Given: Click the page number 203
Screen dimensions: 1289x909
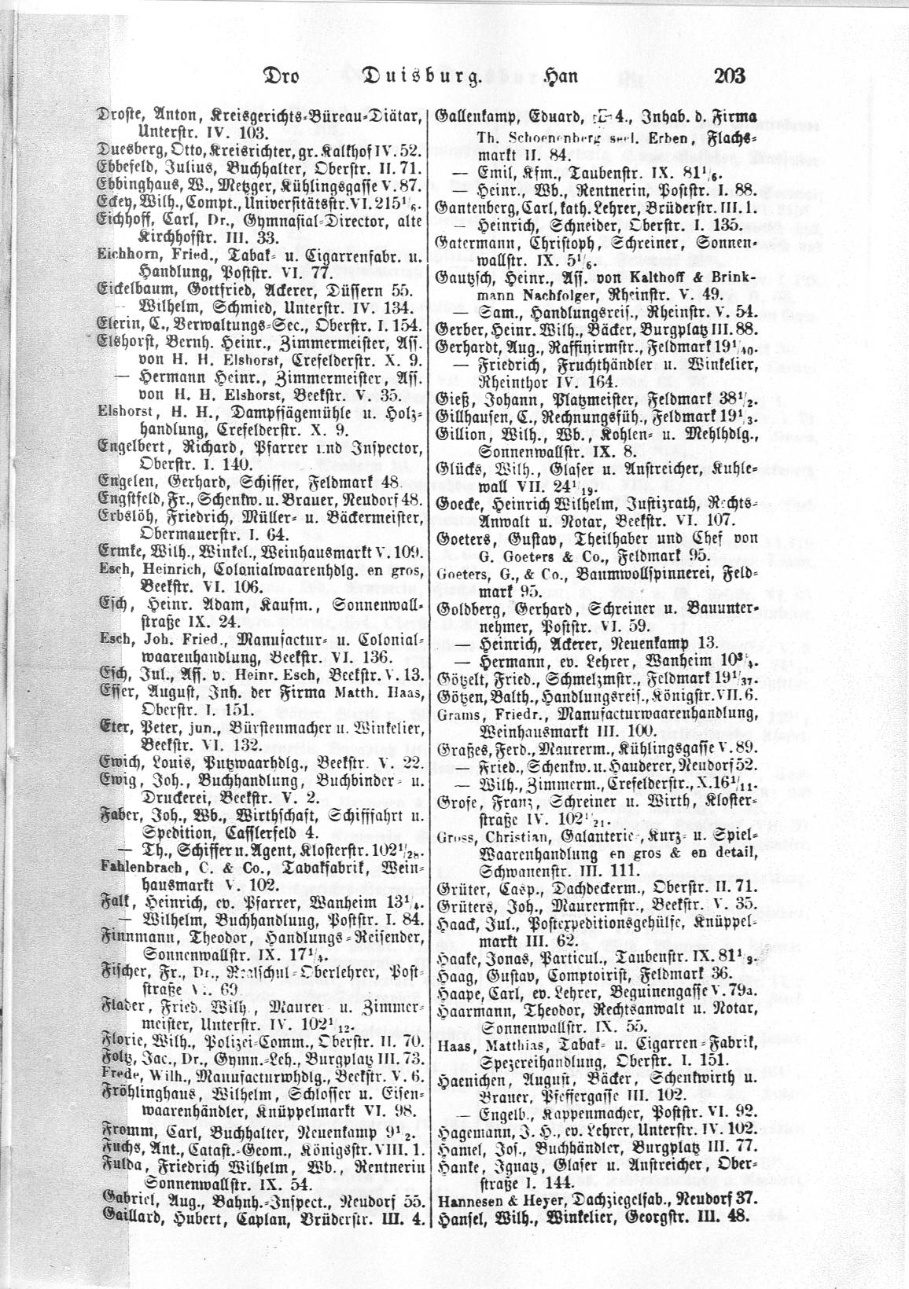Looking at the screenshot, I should pos(730,77).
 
